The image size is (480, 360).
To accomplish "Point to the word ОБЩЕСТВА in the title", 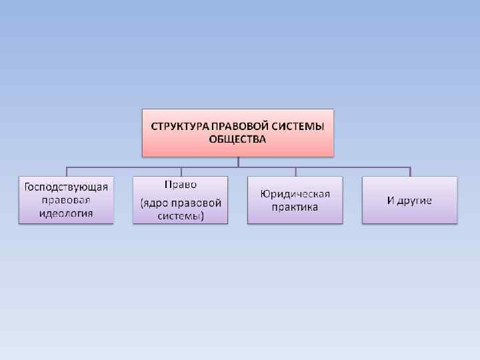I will tap(237, 139).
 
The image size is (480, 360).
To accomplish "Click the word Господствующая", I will tap(65, 187).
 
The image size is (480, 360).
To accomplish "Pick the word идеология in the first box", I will tap(65, 213).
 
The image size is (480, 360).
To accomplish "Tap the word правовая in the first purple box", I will tap(65, 200).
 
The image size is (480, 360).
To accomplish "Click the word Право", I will tap(180, 185).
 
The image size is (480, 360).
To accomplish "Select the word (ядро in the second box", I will tap(155, 203).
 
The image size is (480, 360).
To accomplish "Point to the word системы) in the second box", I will tap(181, 216).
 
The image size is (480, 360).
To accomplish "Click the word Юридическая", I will tap(295, 193).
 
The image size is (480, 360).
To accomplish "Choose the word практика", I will tap(295, 207).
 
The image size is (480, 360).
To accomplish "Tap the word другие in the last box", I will tap(415, 200).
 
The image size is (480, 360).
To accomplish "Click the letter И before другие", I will tap(391, 200).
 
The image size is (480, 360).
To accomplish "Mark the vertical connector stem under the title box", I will tap(238, 161).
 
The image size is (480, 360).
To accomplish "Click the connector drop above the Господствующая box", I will tap(65, 171).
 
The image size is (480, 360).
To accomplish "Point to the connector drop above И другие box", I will tap(409, 171).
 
